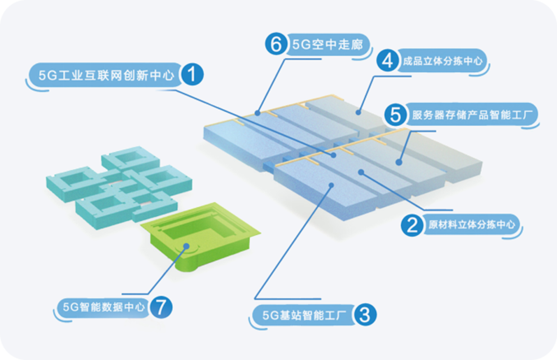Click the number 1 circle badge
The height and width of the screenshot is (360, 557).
click(x=191, y=75)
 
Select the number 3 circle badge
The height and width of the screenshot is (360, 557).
click(x=364, y=315)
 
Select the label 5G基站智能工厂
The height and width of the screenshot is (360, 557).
click(x=304, y=316)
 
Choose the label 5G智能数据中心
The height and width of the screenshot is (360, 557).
click(x=104, y=307)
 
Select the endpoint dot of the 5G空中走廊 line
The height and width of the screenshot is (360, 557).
click(x=258, y=112)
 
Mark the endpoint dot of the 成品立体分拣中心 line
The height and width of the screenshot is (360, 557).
click(x=359, y=111)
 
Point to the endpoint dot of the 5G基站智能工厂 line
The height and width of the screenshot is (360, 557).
click(x=331, y=187)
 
